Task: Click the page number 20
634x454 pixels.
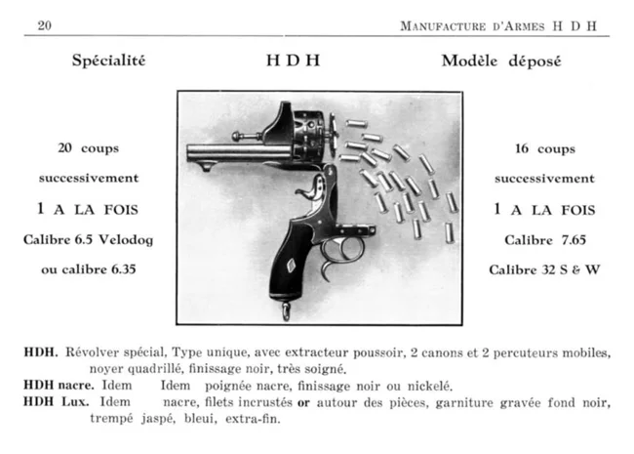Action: click(x=44, y=25)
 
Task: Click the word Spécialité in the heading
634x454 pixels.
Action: click(x=108, y=61)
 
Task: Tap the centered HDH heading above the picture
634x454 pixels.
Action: click(x=294, y=61)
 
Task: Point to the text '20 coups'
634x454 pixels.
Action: click(x=89, y=149)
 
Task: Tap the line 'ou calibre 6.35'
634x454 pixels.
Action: click(x=89, y=268)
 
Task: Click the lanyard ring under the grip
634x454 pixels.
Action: click(x=285, y=311)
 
